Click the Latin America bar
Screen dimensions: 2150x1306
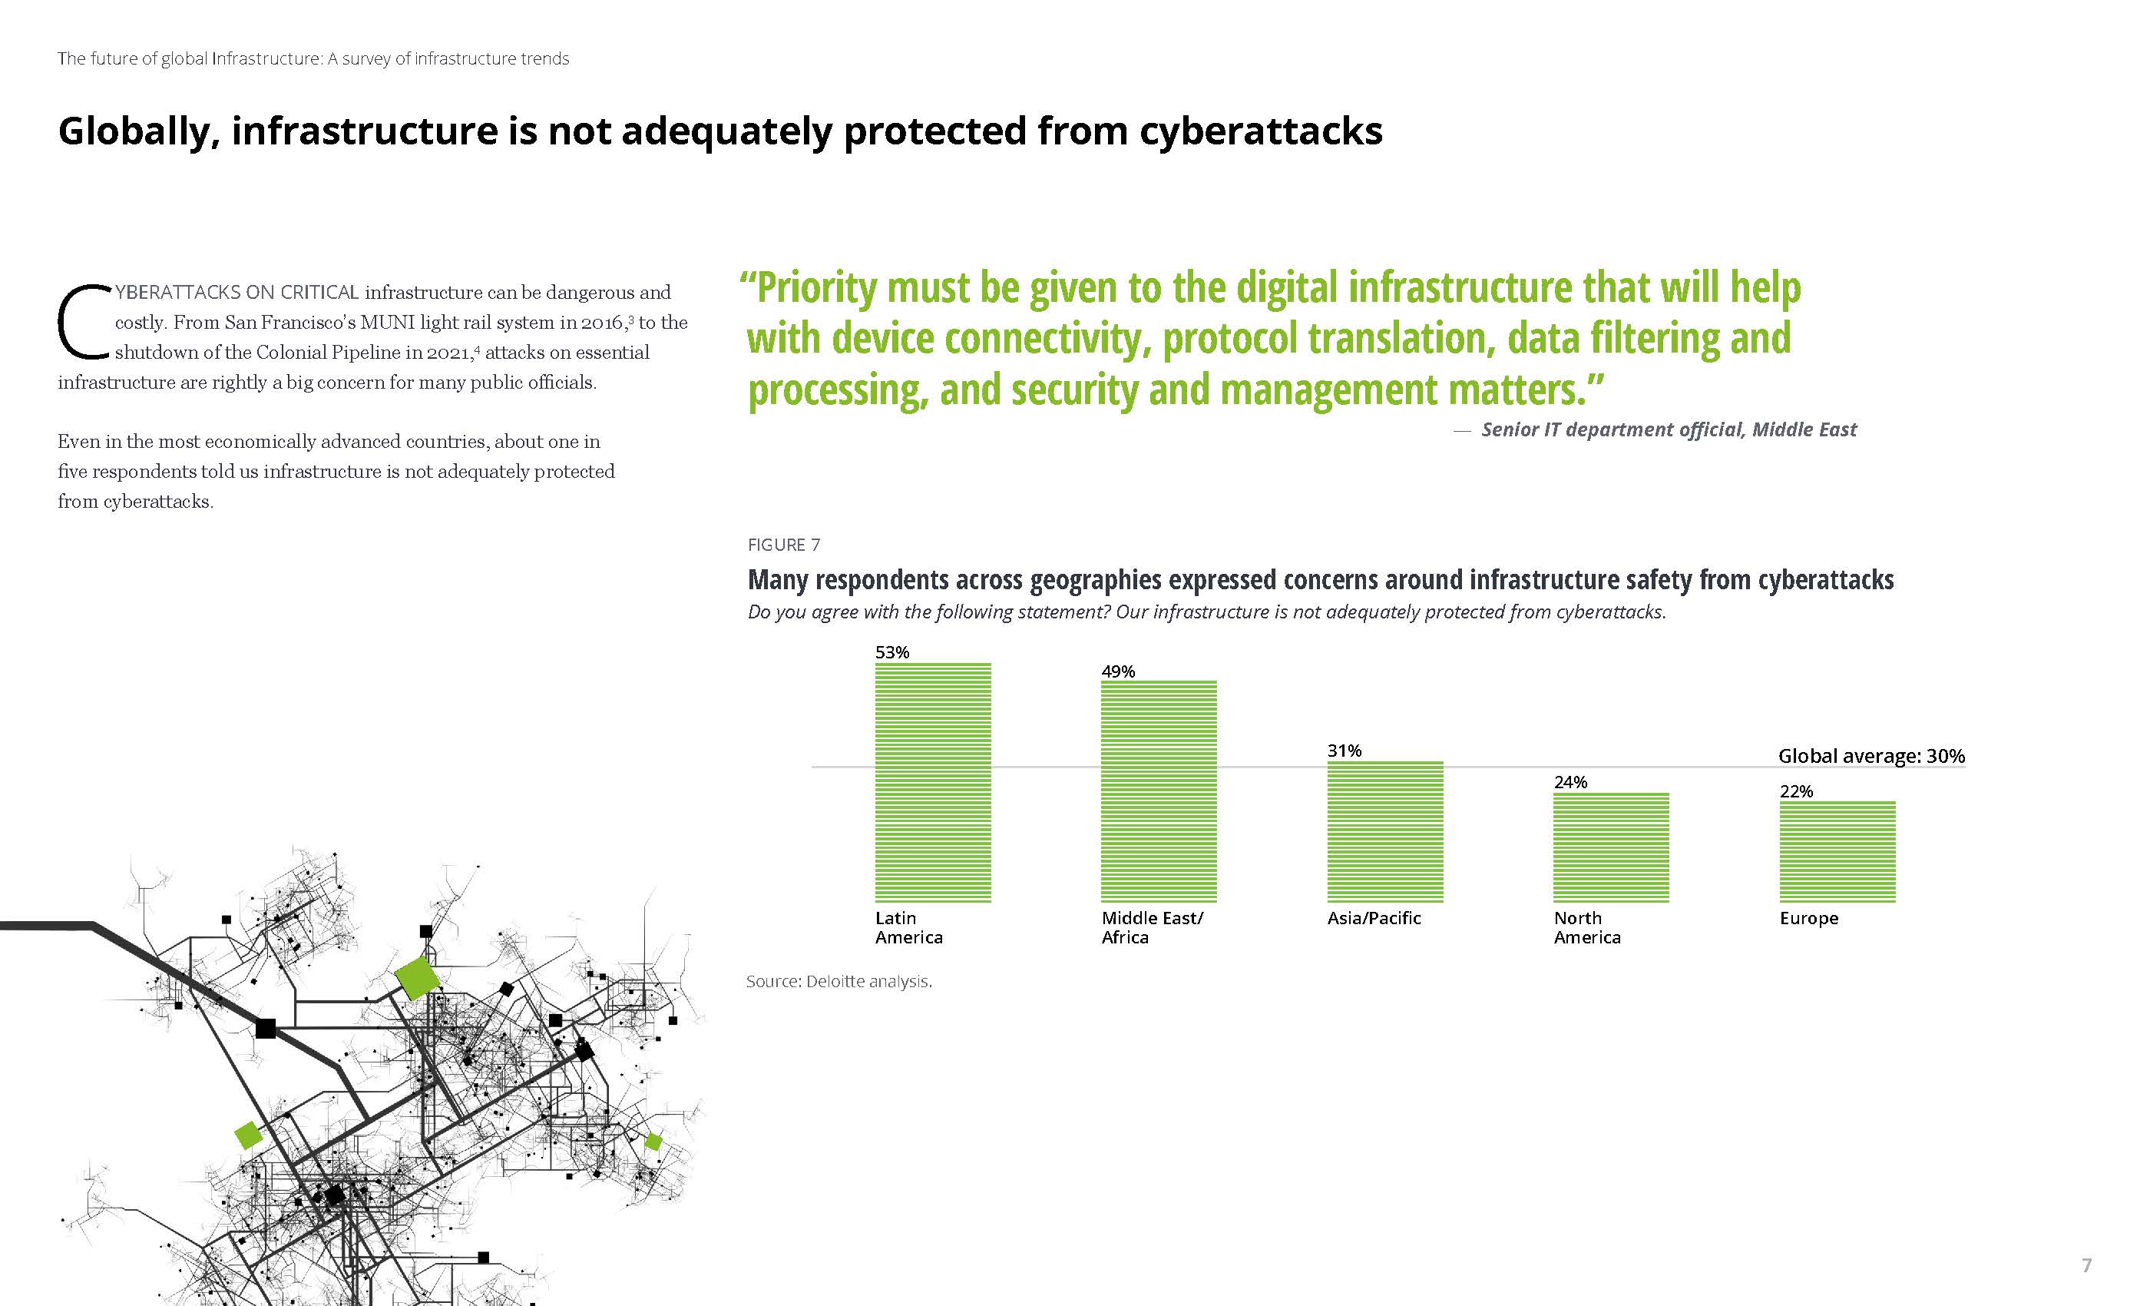click(x=933, y=781)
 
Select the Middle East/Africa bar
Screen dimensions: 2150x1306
click(x=1159, y=791)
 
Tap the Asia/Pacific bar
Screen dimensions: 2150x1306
click(x=1384, y=831)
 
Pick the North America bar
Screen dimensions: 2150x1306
click(x=1611, y=847)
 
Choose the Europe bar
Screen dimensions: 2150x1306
click(x=1837, y=851)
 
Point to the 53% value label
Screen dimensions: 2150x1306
click(x=891, y=652)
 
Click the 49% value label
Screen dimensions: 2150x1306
click(x=1118, y=671)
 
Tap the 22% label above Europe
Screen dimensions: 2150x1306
click(x=1797, y=792)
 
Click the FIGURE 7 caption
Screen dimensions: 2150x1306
click(x=783, y=545)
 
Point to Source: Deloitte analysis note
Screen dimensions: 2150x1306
click(x=839, y=981)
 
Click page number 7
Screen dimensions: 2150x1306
click(x=2086, y=1265)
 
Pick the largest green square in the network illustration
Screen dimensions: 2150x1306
click(x=417, y=977)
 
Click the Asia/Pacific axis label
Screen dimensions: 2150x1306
click(x=1374, y=918)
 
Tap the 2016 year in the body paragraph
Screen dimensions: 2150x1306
click(x=602, y=322)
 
